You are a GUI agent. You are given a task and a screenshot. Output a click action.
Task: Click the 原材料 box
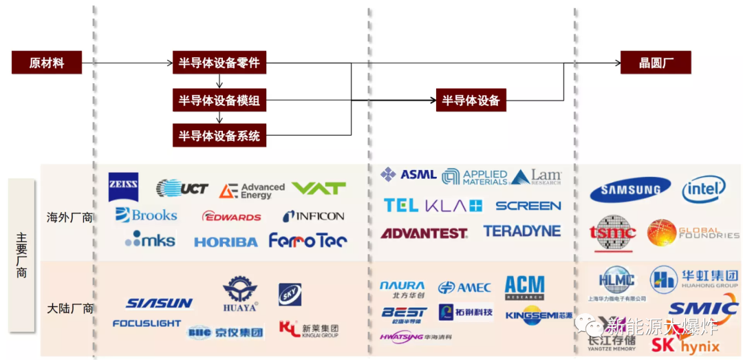(47, 63)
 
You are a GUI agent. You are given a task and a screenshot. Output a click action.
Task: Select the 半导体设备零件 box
(219, 63)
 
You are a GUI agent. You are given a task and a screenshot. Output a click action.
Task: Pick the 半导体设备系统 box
(219, 136)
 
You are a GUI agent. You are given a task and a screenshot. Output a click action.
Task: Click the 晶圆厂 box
(655, 63)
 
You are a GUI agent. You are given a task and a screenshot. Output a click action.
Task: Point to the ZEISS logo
(124, 186)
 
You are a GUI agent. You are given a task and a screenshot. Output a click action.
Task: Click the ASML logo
(409, 175)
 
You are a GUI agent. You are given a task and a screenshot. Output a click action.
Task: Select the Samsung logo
(630, 189)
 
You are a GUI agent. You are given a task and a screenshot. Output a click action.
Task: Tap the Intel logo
(704, 189)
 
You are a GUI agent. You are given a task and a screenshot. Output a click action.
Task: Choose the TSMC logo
(614, 233)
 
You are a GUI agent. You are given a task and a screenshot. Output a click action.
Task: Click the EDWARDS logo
(232, 217)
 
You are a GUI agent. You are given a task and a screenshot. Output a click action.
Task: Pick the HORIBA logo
(226, 242)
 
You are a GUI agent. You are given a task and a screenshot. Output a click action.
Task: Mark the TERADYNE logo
(521, 231)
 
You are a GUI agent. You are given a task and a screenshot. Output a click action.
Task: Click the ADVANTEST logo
(424, 233)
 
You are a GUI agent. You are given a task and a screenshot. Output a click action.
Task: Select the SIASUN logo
(159, 303)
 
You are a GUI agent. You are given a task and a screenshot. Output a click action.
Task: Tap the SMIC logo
(702, 308)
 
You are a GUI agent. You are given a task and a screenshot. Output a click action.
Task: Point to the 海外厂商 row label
(71, 218)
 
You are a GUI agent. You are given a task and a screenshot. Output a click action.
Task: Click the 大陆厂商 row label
(71, 308)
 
